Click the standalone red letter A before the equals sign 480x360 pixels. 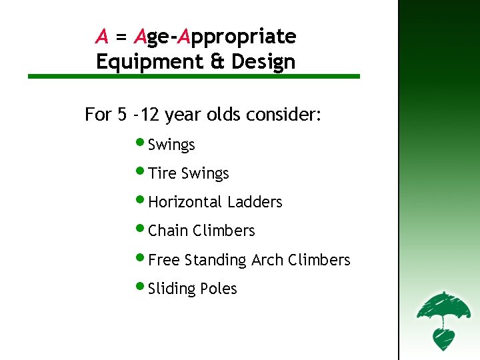coord(102,35)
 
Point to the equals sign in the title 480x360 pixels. coord(120,37)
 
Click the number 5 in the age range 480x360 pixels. coord(121,115)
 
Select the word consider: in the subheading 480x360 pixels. coord(284,115)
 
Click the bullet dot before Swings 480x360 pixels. coord(141,142)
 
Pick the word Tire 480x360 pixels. coord(162,173)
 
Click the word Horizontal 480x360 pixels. coord(185,202)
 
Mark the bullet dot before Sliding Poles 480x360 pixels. coord(141,286)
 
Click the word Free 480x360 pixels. coord(164,260)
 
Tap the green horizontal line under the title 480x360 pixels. coord(193,77)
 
